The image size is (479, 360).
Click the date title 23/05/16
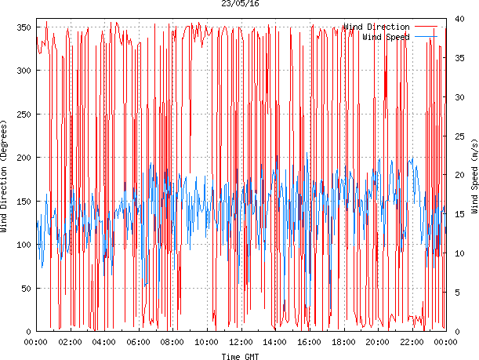tap(240, 4)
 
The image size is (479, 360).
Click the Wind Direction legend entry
tap(376, 27)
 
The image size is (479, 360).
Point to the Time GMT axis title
tap(240, 356)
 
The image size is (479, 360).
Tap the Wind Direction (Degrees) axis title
tap(5, 179)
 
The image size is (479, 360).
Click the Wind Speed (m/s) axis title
tap(474, 179)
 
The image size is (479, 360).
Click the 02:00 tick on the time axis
tap(70, 342)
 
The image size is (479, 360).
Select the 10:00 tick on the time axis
tap(207, 342)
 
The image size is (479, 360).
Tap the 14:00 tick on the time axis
tap(275, 342)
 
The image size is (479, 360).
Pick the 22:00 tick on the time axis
tap(412, 342)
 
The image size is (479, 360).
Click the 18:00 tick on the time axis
tap(343, 342)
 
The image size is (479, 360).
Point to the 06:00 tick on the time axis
tap(138, 342)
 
